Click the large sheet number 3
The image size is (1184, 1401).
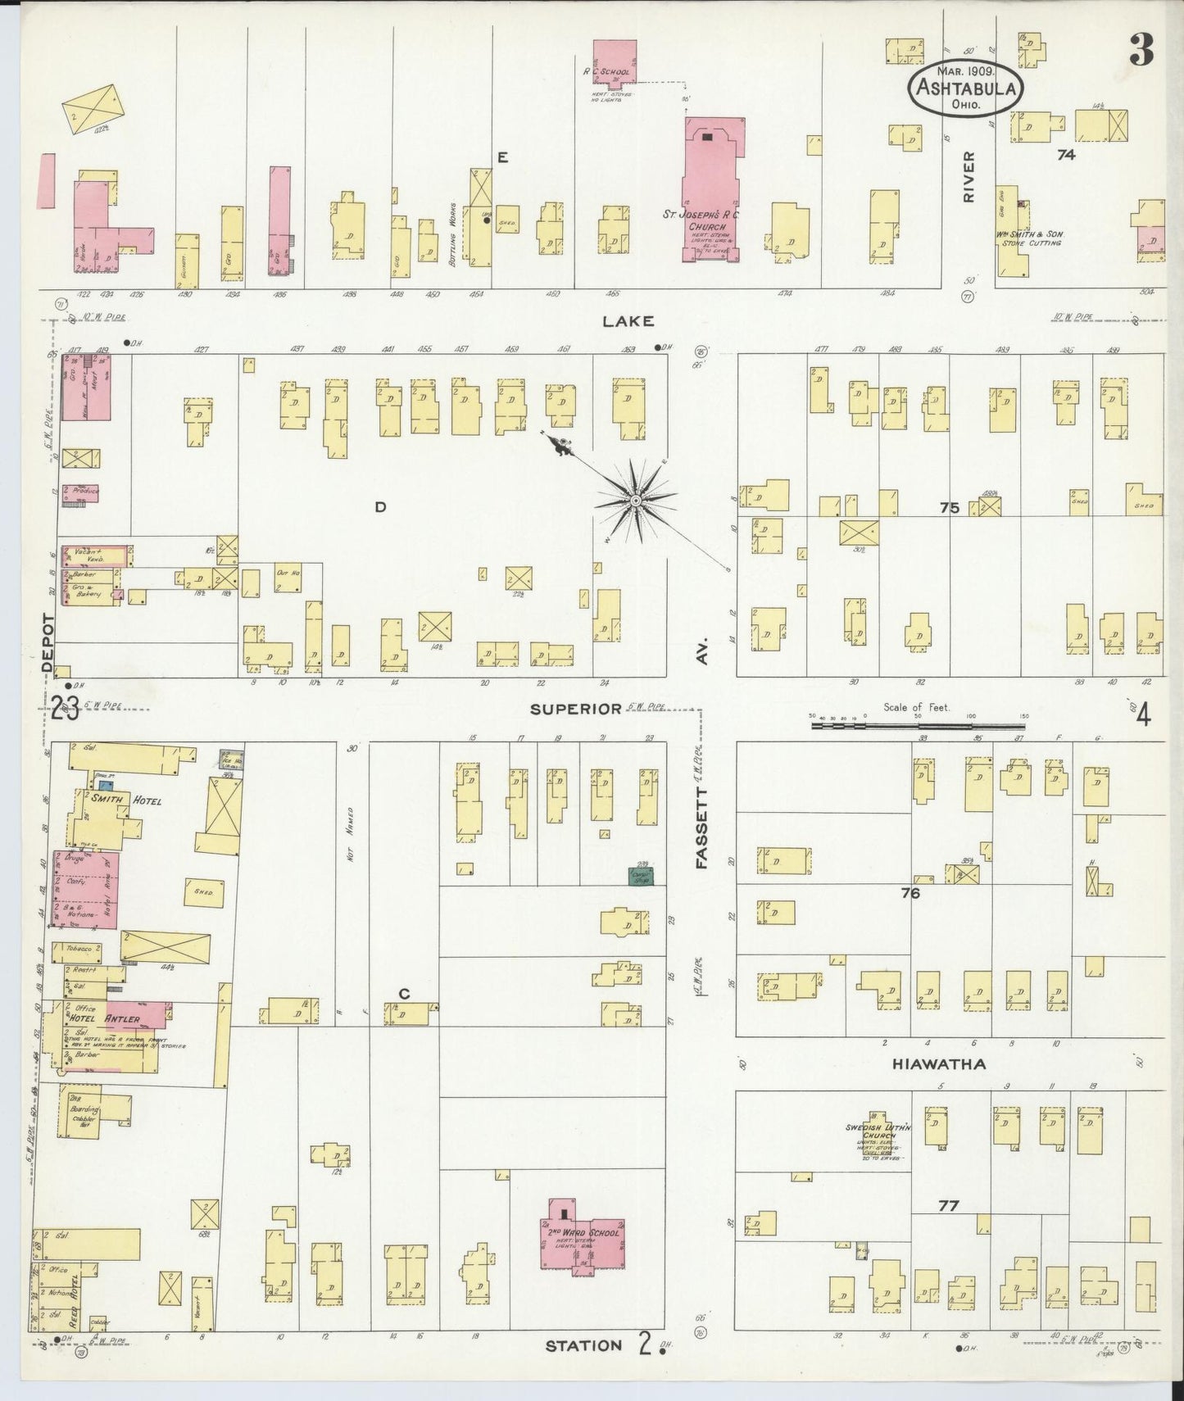[1141, 51]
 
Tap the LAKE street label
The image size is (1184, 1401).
[628, 321]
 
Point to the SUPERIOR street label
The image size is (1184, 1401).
[575, 709]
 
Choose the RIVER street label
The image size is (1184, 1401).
[969, 177]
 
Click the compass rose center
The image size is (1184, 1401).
[636, 499]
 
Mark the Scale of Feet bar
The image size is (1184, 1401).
[918, 725]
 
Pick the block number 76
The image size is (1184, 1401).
[910, 893]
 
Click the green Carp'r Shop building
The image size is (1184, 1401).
[641, 876]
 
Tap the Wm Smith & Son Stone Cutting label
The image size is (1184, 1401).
[1029, 238]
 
